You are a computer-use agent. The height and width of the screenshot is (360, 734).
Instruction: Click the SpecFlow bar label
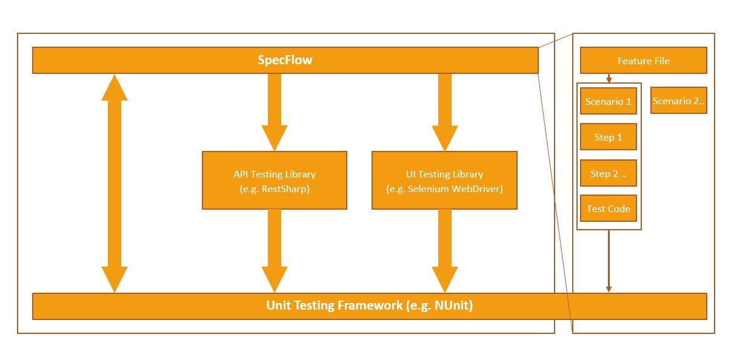[285, 61]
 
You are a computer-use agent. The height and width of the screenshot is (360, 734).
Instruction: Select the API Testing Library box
[274, 181]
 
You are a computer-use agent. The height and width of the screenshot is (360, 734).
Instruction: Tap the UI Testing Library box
[444, 181]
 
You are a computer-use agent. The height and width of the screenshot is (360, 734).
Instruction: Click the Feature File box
[643, 61]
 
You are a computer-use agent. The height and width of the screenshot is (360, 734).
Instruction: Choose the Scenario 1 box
[608, 101]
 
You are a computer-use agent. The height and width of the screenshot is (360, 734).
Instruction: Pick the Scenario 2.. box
[678, 101]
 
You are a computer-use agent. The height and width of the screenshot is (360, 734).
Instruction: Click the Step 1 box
[608, 137]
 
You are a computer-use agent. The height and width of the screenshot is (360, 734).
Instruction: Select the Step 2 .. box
[608, 174]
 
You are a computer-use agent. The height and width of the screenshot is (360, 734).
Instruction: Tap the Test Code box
[608, 208]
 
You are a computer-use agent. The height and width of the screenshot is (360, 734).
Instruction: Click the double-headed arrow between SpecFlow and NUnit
[115, 183]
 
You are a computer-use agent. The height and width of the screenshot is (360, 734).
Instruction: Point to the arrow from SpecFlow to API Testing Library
[274, 112]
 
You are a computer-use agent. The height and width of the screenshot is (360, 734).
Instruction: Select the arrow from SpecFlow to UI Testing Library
[444, 112]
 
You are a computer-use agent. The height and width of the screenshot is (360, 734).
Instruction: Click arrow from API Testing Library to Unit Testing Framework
[274, 250]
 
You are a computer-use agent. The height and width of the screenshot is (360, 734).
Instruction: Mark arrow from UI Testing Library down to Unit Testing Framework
[444, 250]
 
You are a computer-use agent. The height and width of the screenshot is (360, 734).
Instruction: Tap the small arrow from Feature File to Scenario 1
[609, 78]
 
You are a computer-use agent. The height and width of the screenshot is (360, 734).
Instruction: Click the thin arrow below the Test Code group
[609, 261]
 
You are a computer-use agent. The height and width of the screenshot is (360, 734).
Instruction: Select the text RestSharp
[285, 188]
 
